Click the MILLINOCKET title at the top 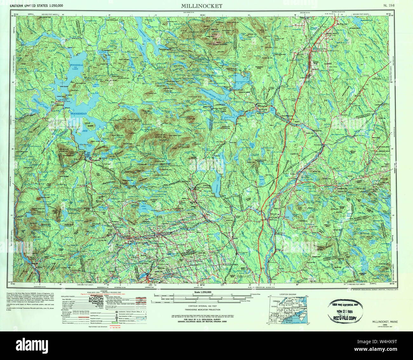point(202,6)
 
